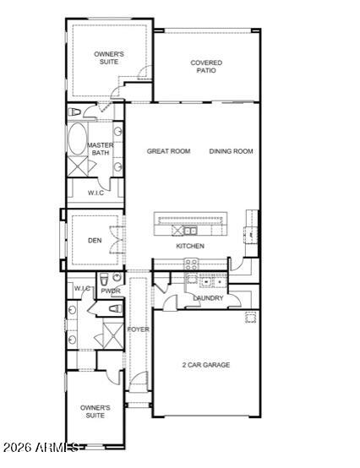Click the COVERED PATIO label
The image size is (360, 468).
pyautogui.click(x=206, y=67)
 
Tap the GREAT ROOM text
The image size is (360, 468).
pyautogui.click(x=168, y=151)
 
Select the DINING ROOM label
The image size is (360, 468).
pyautogui.click(x=231, y=151)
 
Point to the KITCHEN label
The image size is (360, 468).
pyautogui.click(x=190, y=246)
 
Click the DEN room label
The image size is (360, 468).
pyautogui.click(x=94, y=240)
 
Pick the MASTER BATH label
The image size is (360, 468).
pyautogui.click(x=101, y=150)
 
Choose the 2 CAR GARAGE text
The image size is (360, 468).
pyautogui.click(x=205, y=365)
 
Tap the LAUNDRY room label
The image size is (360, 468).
pyautogui.click(x=208, y=298)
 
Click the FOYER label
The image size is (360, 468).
pyautogui.click(x=138, y=329)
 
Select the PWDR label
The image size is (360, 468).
pyautogui.click(x=111, y=291)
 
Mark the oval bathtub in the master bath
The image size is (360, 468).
pyautogui.click(x=76, y=139)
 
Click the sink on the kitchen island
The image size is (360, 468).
pyautogui.click(x=190, y=230)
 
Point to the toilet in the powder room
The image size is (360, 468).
pyautogui.click(x=101, y=280)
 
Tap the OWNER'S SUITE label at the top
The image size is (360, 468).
pyautogui.click(x=109, y=57)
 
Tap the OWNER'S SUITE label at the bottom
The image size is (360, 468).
pyautogui.click(x=95, y=411)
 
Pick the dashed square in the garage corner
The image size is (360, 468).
pyautogui.click(x=250, y=318)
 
